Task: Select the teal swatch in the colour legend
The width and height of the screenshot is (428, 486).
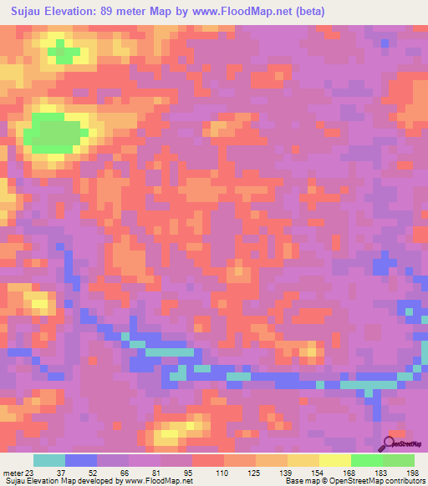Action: pos(49,460)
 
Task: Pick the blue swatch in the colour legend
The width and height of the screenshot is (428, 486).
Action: pos(81,460)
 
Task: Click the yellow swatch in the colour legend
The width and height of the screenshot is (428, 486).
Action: pos(334,460)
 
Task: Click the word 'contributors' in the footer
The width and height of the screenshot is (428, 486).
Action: pos(402,481)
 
